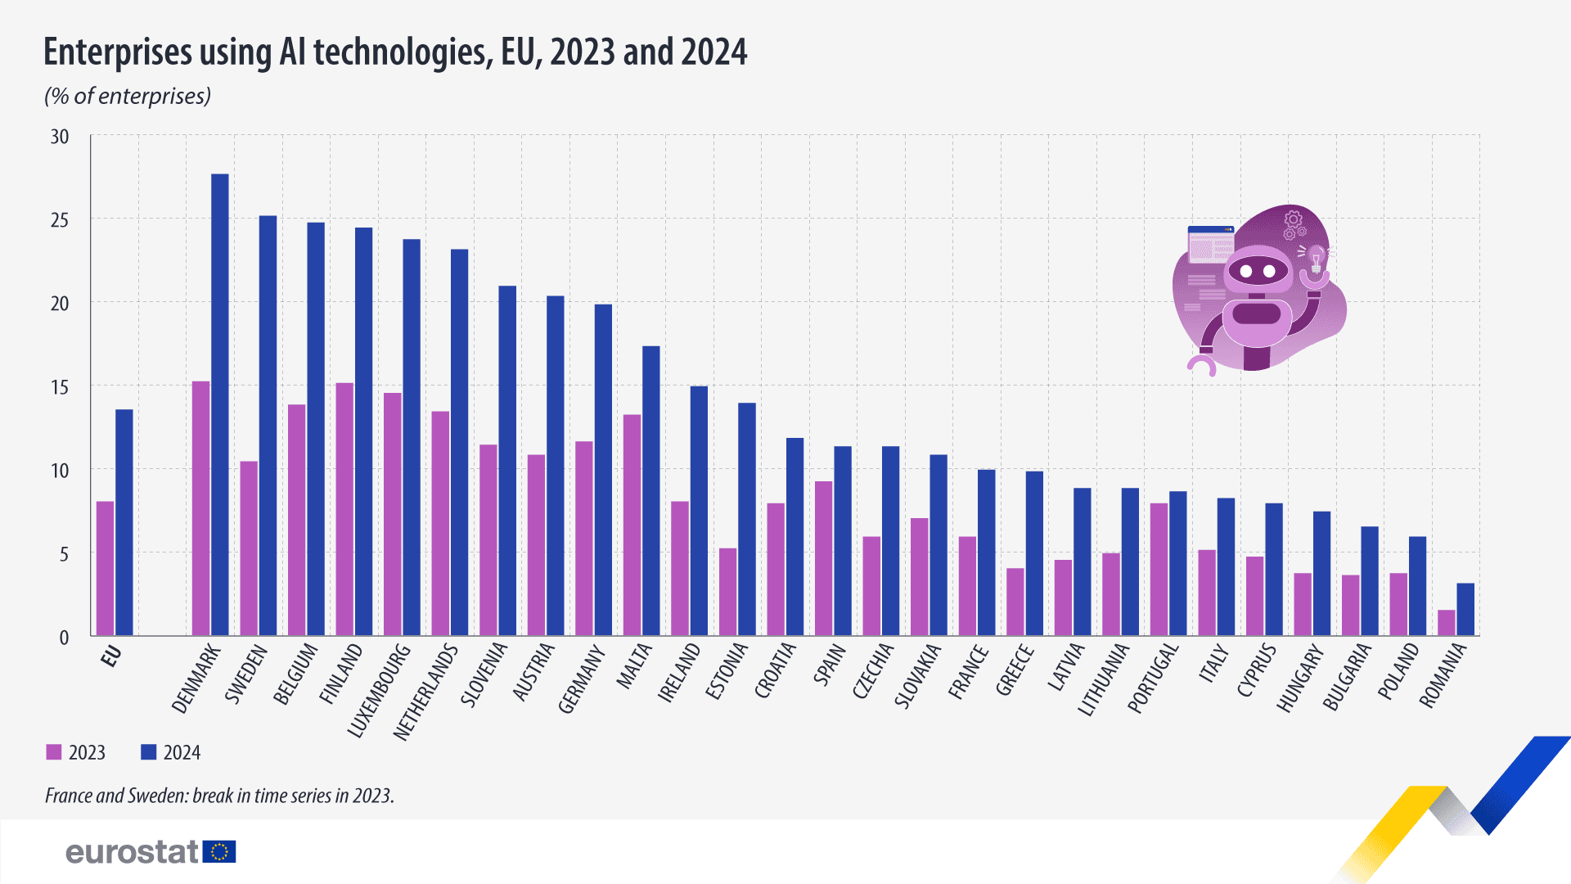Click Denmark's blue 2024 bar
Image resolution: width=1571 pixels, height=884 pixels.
220,405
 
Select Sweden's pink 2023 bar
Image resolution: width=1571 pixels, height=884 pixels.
249,548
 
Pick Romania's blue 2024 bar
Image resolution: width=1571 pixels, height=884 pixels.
1465,610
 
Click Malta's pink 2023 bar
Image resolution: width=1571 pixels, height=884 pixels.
632,525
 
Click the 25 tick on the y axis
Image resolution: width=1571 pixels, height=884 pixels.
60,220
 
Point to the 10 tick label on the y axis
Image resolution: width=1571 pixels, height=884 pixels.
60,471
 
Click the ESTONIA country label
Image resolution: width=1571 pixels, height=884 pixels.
727,671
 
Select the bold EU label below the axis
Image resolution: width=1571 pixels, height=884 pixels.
111,656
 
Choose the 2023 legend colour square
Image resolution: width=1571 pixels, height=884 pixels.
54,752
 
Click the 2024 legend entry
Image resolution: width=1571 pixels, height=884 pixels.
171,752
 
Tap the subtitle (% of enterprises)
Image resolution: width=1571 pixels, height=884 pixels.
128,97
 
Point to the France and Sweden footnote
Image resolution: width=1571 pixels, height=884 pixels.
219,796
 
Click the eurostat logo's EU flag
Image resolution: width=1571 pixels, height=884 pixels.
219,852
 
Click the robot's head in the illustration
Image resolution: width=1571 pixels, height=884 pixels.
1258,270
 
